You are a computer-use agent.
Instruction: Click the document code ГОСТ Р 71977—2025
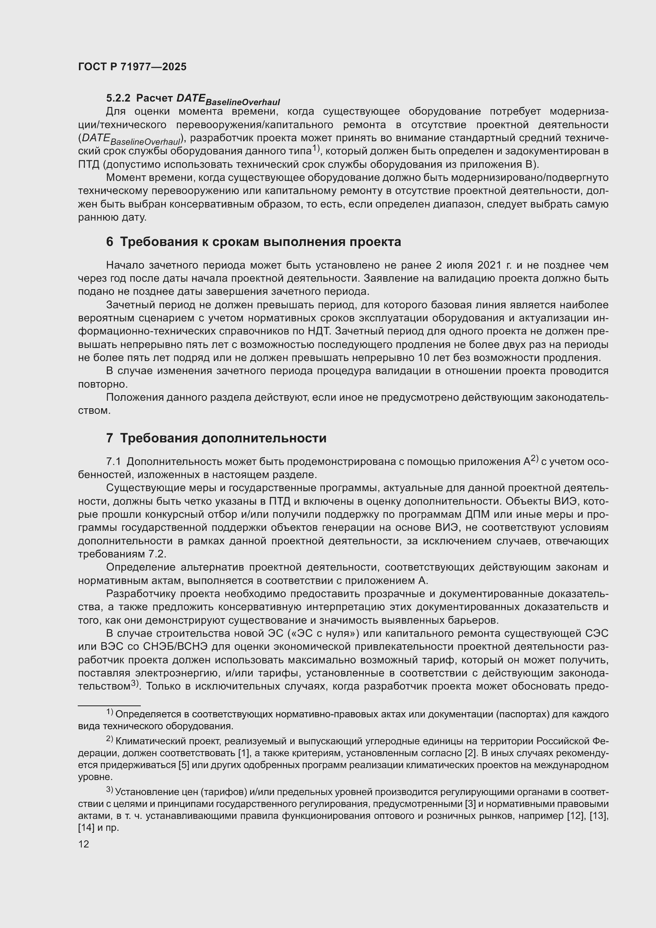132,67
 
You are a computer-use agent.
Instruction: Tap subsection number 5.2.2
118,98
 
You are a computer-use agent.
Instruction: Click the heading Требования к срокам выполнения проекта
261,242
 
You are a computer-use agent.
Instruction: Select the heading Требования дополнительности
223,438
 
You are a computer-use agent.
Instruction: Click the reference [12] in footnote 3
575,816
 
